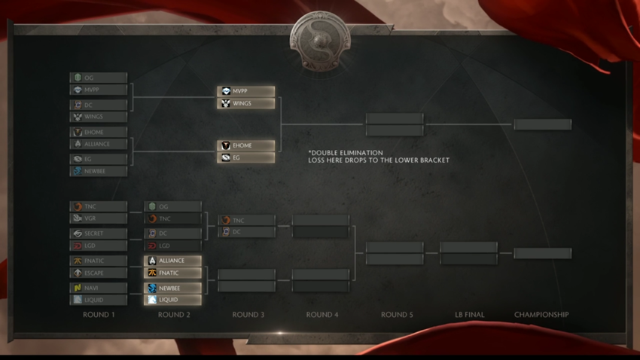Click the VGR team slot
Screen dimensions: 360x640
[x=99, y=218]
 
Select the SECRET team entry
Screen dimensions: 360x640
[x=99, y=233]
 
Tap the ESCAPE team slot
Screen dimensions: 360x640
[x=99, y=273]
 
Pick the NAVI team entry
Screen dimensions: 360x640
[x=99, y=288]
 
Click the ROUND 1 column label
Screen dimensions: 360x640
[x=99, y=315]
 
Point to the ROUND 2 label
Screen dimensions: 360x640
[x=173, y=315]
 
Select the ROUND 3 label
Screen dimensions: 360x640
[x=248, y=315]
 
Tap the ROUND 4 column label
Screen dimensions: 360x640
[x=322, y=315]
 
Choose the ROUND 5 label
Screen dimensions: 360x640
[x=396, y=315]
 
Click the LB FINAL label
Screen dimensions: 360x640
[x=469, y=315]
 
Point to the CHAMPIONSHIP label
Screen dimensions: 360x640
[x=541, y=315]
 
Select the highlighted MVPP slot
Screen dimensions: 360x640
[x=246, y=91]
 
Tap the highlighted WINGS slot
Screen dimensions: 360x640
[x=246, y=103]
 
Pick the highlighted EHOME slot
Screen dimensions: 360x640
[x=246, y=145]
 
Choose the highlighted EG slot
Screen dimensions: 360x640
[x=246, y=157]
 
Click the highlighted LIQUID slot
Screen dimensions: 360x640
[x=173, y=300]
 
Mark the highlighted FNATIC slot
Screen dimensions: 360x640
[x=173, y=273]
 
